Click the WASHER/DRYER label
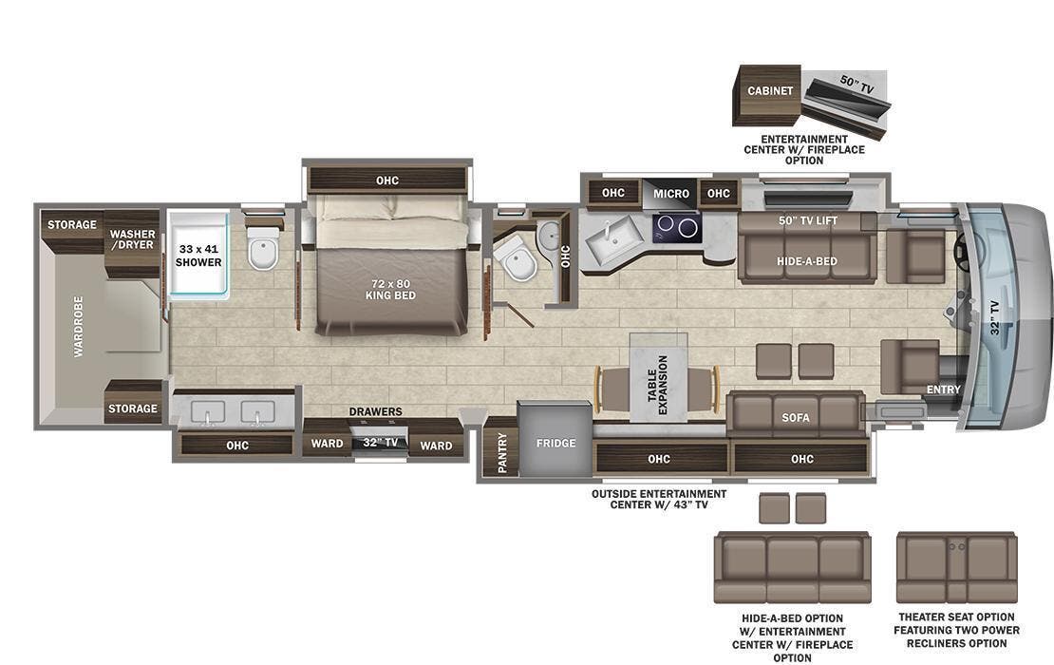tap(132, 240)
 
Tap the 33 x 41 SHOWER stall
tap(198, 255)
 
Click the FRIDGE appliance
tap(555, 443)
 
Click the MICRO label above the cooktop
tap(671, 194)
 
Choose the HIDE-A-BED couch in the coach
tap(806, 258)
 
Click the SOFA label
tap(796, 417)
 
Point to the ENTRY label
tap(943, 389)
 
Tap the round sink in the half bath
tap(549, 236)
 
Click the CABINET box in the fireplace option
tap(769, 91)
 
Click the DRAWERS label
tap(375, 411)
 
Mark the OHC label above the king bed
tap(386, 180)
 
